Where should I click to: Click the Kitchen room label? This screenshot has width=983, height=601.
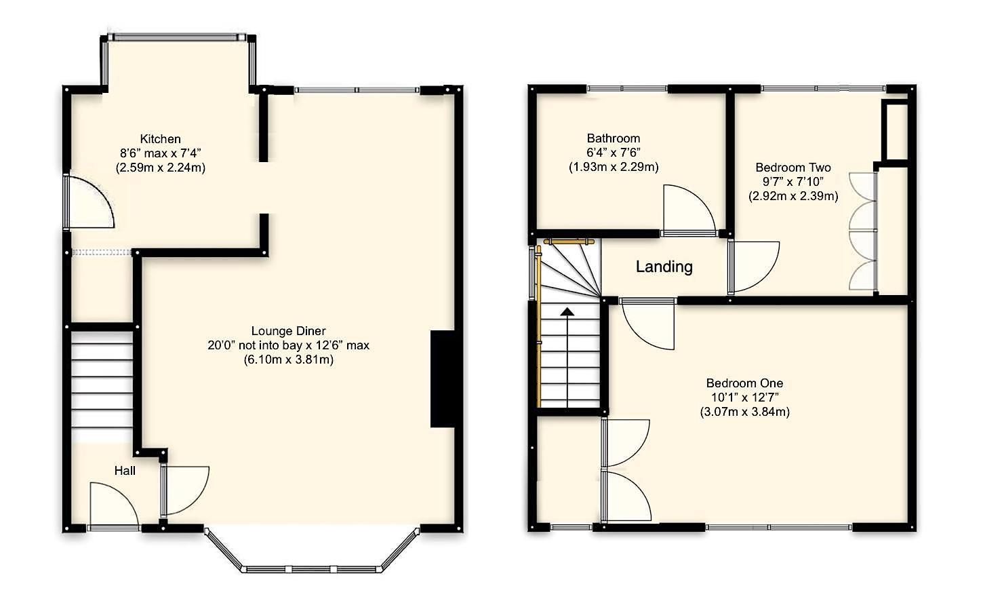coord(160,139)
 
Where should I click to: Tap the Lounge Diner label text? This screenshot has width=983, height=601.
coord(288,331)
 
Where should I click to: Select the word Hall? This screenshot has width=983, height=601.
coord(125,470)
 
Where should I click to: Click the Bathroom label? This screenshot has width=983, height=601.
coord(614,138)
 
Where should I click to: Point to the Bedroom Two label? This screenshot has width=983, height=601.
coord(793,168)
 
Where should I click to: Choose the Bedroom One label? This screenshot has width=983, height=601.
coord(744,383)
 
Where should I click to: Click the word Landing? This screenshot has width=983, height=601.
coord(664,267)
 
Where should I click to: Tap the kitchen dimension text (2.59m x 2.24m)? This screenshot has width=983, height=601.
coord(160,168)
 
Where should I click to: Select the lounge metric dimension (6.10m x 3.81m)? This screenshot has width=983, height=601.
coord(288,360)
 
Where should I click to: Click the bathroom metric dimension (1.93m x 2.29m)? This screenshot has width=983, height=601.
coord(614,167)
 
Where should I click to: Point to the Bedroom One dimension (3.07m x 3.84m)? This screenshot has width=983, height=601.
coord(744,412)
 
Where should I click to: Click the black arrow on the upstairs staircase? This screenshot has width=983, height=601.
coord(567,312)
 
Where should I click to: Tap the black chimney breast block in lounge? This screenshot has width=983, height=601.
coord(442,379)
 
